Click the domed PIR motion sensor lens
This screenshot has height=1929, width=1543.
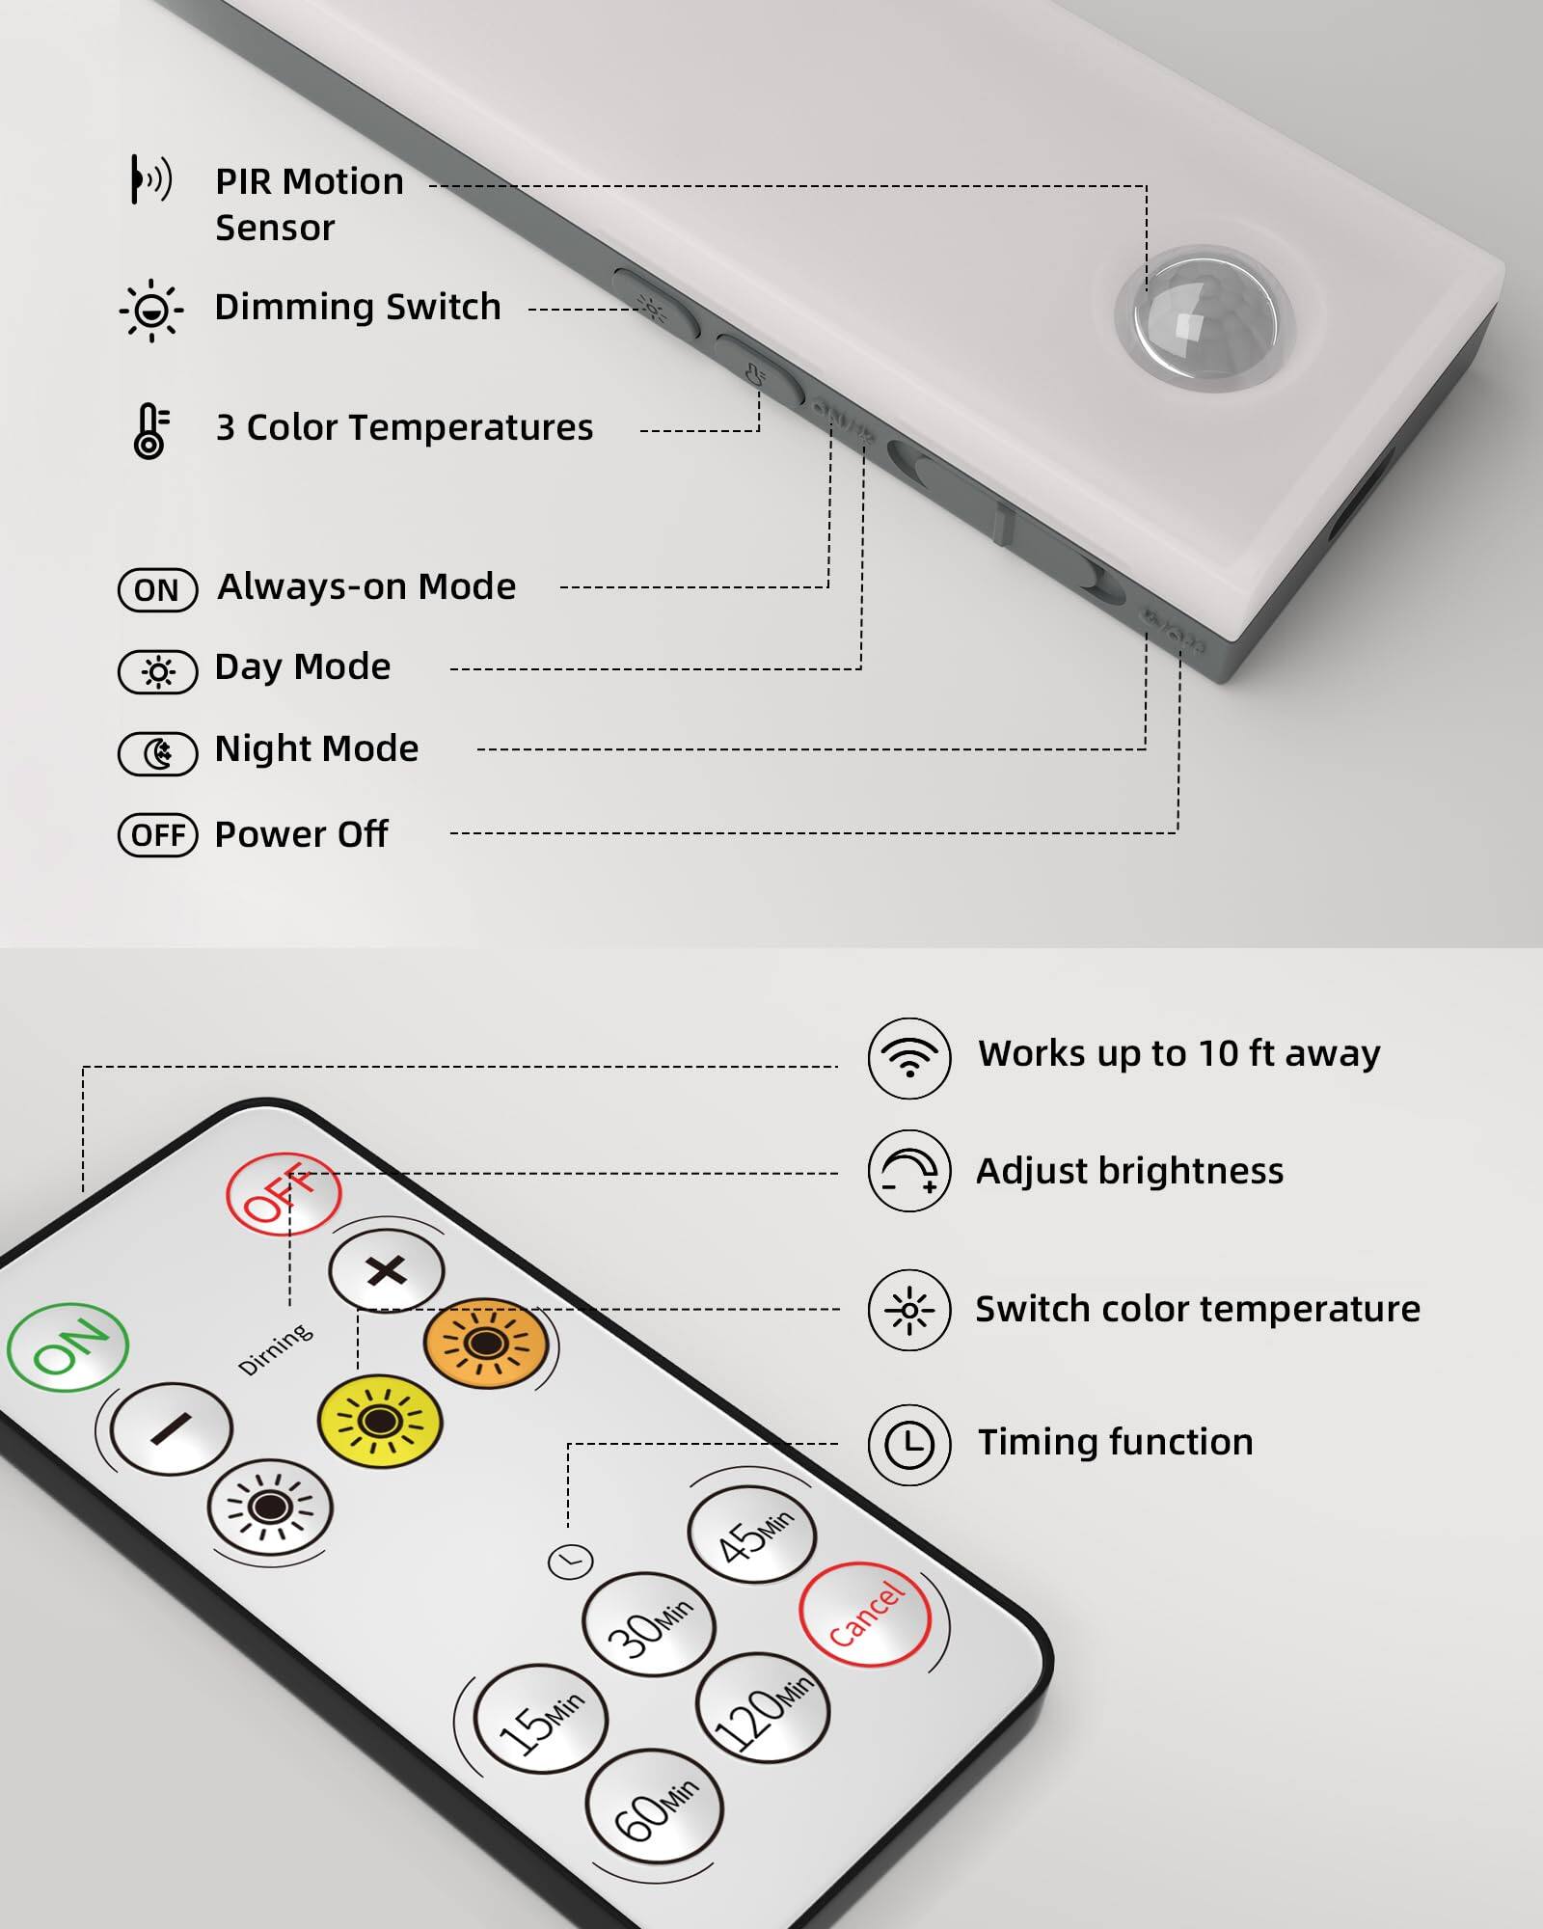coord(1204,318)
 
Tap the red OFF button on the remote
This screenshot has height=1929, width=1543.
coord(284,1193)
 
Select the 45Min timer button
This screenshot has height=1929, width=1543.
coord(751,1535)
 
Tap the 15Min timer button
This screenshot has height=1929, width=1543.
coord(541,1718)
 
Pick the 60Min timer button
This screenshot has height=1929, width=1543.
coord(654,1805)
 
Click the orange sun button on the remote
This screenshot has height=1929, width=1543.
coord(486,1343)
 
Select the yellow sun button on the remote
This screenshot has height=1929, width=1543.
coord(380,1421)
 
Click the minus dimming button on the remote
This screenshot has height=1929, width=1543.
coord(171,1428)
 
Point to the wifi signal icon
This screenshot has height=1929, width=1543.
coord(909,1058)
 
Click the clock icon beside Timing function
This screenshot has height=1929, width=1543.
coord(909,1445)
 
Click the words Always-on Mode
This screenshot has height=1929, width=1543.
coord(366,586)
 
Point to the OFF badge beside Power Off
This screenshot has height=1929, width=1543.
coord(157,835)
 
